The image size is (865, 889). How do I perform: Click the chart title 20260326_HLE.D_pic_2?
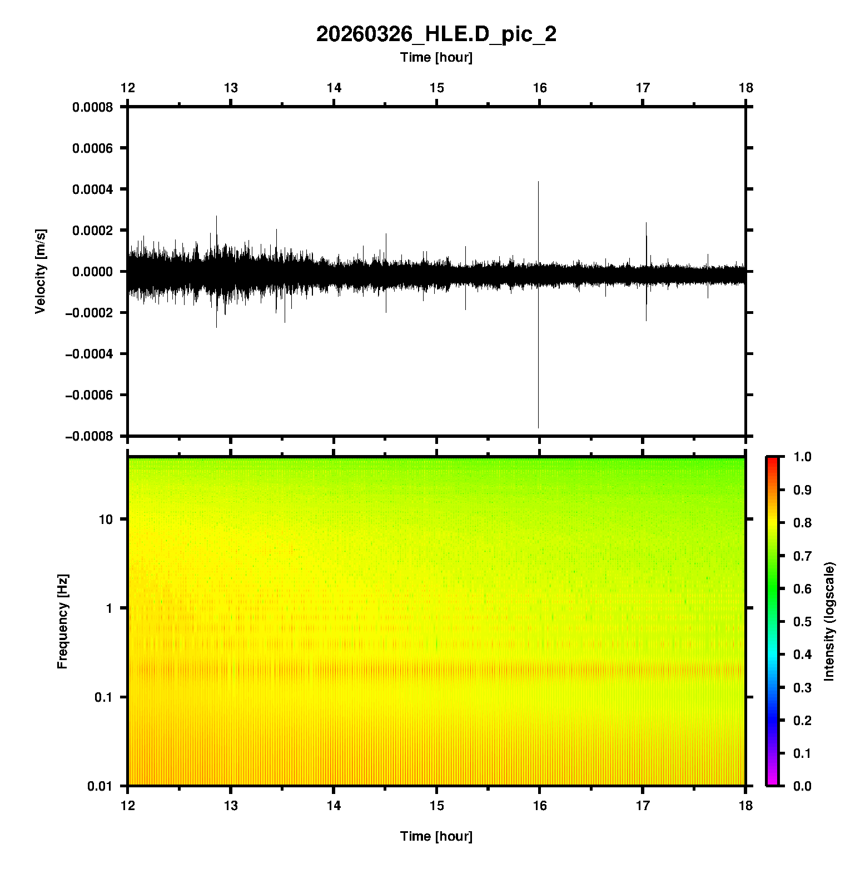pos(436,34)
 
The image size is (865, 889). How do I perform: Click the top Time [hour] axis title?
pos(436,58)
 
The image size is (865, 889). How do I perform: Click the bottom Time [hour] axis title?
pos(436,836)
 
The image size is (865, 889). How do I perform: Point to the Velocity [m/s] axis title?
pos(40,271)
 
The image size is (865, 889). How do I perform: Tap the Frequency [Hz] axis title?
pos(62,622)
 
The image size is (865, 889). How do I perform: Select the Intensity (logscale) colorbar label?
pos(829,622)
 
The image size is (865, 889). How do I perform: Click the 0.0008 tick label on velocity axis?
pos(92,107)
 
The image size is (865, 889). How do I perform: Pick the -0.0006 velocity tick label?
pos(89,395)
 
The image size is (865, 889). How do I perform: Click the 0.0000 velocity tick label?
pos(92,272)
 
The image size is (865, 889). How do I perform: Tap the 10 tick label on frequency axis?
pos(106,520)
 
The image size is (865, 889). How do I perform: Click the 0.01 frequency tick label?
pos(100,786)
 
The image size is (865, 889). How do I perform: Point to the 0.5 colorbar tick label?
pos(802,622)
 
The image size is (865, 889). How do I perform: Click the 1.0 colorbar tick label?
pos(802,457)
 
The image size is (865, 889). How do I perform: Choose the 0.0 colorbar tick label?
pos(802,786)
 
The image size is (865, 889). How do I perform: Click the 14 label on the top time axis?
pos(334,88)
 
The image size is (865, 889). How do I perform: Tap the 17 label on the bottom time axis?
pos(643,806)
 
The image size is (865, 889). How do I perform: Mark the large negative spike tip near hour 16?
pos(538,427)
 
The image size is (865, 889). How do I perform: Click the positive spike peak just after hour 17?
pos(646,223)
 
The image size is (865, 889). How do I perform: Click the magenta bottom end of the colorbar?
pos(772,783)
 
